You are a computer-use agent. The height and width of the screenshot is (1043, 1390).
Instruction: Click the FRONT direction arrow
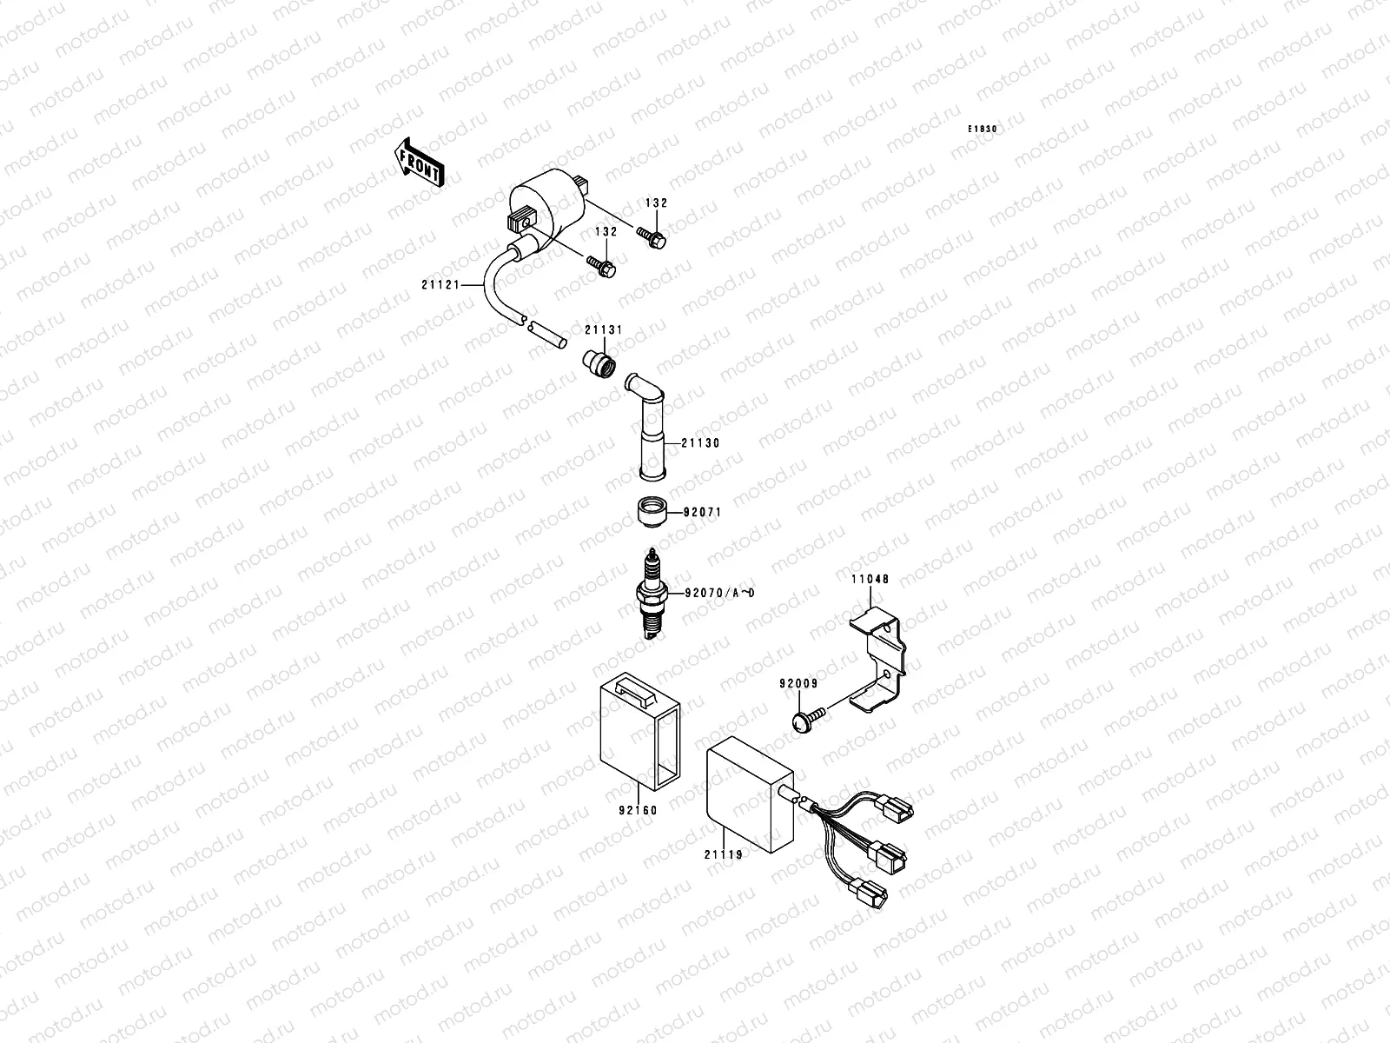(420, 163)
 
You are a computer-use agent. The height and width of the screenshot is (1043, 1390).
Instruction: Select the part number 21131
(603, 331)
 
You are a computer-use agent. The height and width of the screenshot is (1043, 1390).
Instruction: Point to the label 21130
(700, 443)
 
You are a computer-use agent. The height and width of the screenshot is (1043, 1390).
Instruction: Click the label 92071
(701, 513)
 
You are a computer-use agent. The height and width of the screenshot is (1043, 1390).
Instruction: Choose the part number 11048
(870, 579)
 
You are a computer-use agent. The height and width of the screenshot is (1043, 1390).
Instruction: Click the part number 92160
(639, 811)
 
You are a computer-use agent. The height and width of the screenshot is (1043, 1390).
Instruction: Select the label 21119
(723, 854)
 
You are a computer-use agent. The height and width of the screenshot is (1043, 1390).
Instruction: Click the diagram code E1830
(983, 130)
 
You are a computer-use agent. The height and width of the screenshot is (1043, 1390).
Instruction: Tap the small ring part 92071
(651, 511)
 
